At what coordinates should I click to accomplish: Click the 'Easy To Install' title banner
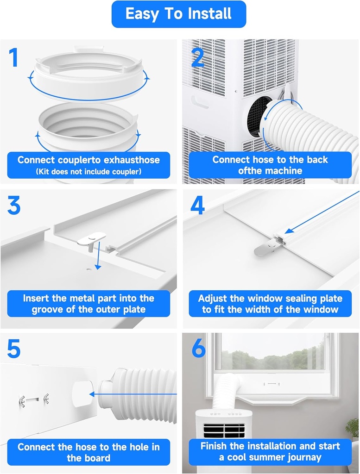click(178, 14)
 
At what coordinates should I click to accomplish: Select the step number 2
click(198, 57)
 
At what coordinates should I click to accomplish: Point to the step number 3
click(14, 206)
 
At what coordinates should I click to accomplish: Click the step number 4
click(198, 206)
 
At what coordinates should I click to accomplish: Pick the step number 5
click(14, 349)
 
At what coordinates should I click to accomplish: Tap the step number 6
click(198, 349)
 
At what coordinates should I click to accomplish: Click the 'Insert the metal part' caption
click(88, 304)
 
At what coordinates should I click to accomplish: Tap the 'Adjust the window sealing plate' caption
click(270, 304)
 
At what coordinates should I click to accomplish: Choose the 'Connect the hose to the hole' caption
click(88, 452)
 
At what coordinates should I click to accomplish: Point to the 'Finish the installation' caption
click(270, 452)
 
